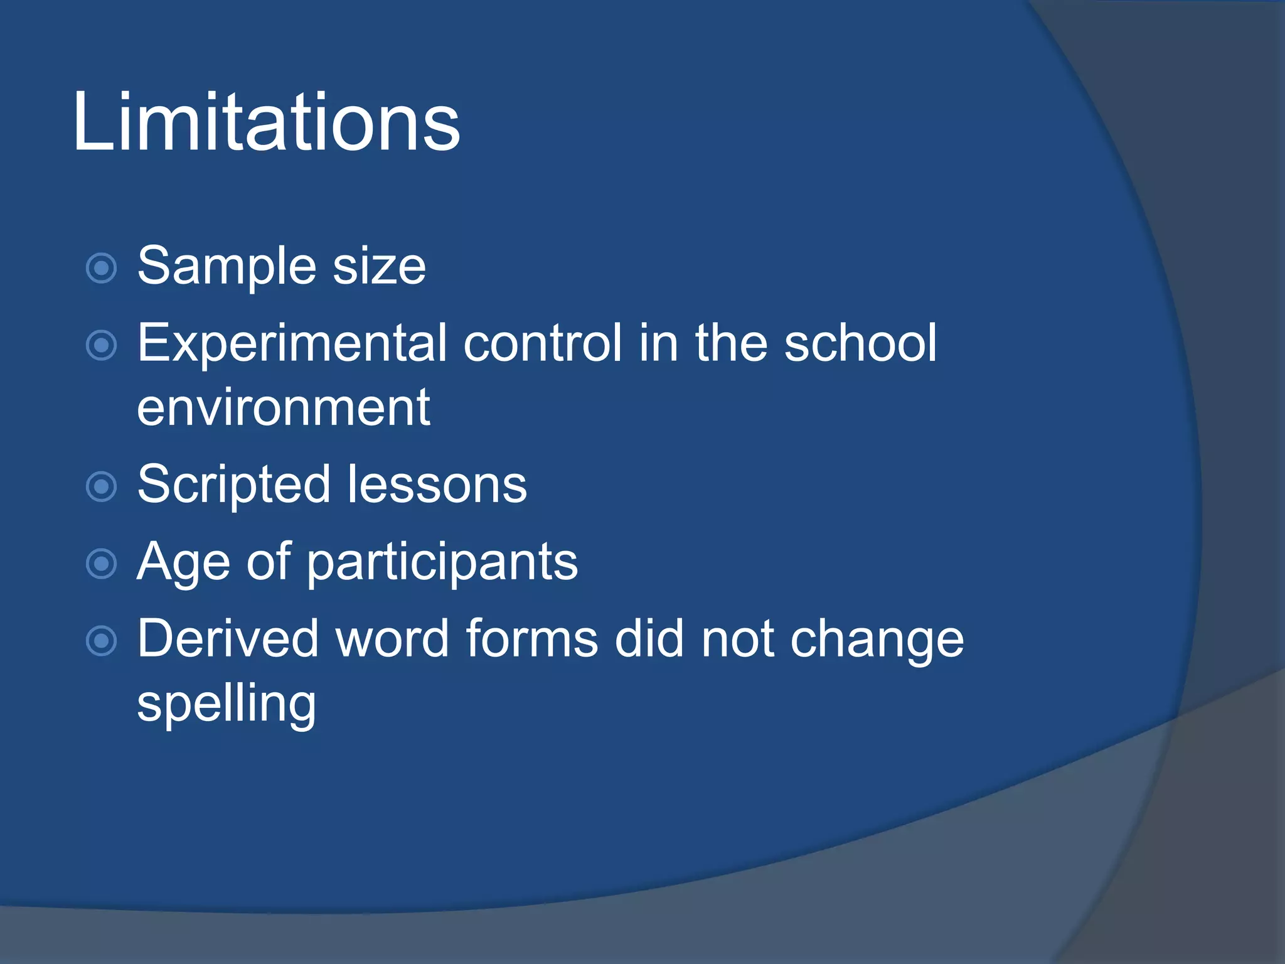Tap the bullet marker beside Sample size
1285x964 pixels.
101,269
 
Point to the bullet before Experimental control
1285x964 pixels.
101,345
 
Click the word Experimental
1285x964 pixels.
292,343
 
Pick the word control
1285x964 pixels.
543,343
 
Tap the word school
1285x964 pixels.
860,343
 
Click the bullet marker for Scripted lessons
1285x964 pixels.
101,486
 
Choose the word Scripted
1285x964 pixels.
233,485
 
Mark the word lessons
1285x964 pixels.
437,485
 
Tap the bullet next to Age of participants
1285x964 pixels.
101,563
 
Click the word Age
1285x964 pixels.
183,563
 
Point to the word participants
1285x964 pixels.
442,563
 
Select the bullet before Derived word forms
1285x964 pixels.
101,641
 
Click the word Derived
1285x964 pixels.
228,639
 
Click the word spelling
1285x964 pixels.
227,705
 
